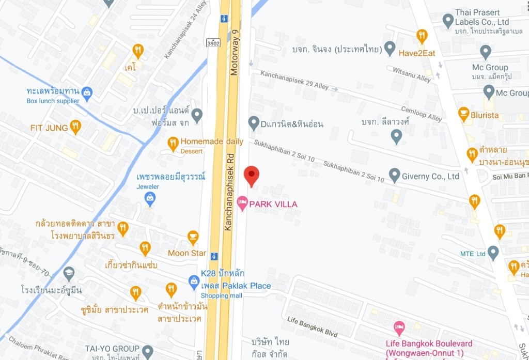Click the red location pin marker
251,176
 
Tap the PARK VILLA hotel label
273,204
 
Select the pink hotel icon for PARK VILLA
242,204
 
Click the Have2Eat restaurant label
417,52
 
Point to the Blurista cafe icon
463,114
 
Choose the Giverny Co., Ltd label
431,176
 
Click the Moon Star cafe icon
193,238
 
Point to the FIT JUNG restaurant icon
76,127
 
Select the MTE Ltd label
473,254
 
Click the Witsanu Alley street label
412,74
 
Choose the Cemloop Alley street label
422,114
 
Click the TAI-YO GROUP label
112,348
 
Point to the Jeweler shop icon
150,198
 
